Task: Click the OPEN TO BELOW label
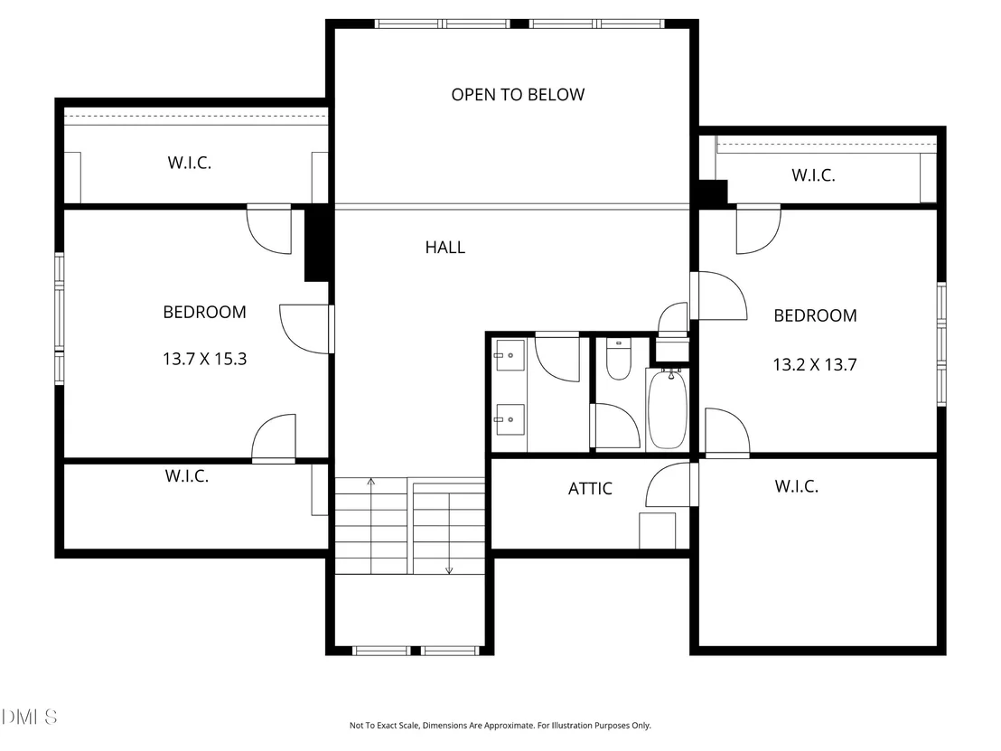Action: [x=518, y=95]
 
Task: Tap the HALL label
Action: [x=445, y=247]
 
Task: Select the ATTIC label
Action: [x=590, y=489]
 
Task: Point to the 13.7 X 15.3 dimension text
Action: [x=204, y=359]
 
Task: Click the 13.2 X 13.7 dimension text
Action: [x=815, y=364]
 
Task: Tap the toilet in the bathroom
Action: [x=618, y=360]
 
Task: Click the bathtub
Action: [x=667, y=408]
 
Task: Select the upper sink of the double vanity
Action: [x=510, y=355]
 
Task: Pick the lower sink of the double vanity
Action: [x=510, y=419]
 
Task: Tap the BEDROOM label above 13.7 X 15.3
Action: [x=204, y=313]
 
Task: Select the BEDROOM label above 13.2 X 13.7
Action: [x=815, y=315]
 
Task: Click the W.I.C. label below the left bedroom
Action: [x=186, y=475]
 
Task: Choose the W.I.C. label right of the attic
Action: [x=796, y=486]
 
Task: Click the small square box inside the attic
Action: [x=658, y=530]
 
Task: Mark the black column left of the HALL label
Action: [x=316, y=243]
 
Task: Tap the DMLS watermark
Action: [x=30, y=718]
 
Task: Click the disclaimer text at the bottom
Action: [x=500, y=726]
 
